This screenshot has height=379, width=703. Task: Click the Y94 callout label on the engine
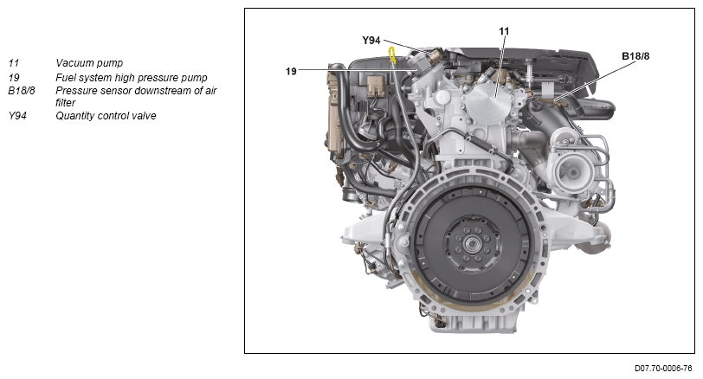click(371, 41)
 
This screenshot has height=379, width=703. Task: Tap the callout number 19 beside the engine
click(291, 71)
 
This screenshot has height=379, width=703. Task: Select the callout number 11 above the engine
click(504, 31)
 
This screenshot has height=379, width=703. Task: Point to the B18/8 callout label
click(635, 56)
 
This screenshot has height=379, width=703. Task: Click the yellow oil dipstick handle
click(392, 55)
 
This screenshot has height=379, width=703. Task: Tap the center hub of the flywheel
click(472, 244)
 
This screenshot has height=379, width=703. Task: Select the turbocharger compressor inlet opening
click(571, 172)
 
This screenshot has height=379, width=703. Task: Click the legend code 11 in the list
click(14, 63)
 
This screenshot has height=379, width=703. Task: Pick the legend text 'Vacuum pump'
click(89, 63)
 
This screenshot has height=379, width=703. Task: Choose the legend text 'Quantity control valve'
click(106, 116)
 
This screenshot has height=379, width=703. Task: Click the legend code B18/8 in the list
click(22, 91)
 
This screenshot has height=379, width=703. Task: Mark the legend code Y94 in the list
click(17, 116)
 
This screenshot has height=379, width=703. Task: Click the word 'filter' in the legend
click(66, 103)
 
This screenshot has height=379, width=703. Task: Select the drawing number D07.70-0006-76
click(663, 369)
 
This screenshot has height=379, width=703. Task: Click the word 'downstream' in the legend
click(166, 91)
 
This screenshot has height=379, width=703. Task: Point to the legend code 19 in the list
click(14, 78)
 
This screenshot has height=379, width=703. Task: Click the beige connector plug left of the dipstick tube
click(375, 86)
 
